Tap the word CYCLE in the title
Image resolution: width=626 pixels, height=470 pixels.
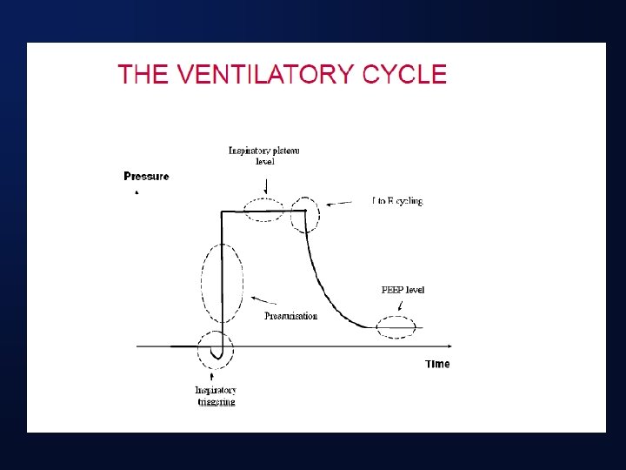[404, 74]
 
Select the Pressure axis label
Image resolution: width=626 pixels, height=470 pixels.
[146, 177]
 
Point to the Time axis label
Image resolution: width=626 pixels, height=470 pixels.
[437, 364]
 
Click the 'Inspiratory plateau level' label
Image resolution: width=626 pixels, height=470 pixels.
[264, 155]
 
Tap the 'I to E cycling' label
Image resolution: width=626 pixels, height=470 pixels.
[396, 201]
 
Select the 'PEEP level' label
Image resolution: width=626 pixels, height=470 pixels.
[403, 290]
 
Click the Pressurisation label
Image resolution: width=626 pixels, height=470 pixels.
[290, 316]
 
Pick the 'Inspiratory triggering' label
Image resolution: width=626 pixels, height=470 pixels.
[215, 396]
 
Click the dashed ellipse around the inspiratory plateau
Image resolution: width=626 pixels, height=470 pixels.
[264, 210]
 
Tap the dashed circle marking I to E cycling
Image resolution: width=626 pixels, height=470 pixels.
[305, 215]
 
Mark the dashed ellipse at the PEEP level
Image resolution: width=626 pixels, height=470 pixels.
[396, 327]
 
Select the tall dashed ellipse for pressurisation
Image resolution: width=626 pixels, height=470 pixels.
[222, 284]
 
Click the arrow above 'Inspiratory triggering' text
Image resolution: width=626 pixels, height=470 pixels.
[215, 373]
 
